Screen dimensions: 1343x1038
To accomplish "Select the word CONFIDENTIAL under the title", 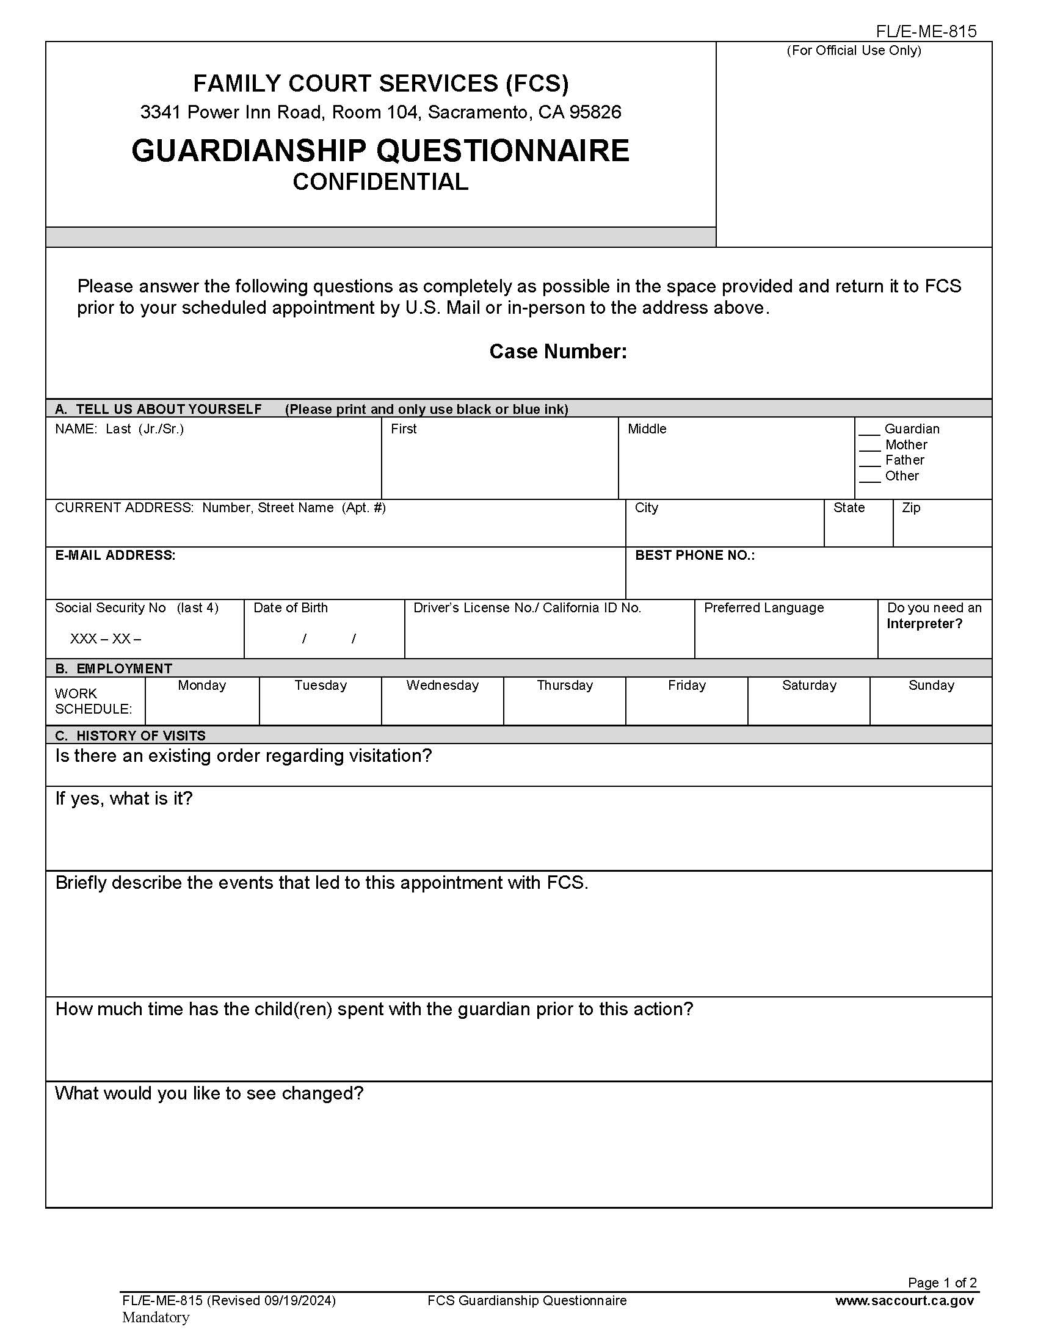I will pos(380,182).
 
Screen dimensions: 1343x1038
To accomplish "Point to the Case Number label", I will pos(557,351).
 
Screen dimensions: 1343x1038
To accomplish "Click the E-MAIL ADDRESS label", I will pos(115,556).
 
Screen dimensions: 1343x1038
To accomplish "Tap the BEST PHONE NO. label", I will pos(694,556).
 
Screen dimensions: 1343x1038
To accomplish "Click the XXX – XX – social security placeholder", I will pos(105,639).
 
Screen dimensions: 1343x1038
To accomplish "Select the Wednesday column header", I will pos(442,686).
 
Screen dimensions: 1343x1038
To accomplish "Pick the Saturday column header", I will pos(808,686).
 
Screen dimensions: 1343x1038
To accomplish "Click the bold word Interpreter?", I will pos(924,624).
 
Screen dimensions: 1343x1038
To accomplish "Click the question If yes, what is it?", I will pos(123,798).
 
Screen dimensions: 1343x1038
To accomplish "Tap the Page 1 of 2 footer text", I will pos(942,1283).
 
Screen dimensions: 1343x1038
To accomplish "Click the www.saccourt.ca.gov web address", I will pos(904,1300).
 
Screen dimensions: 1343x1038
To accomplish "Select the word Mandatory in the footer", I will pos(156,1317).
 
